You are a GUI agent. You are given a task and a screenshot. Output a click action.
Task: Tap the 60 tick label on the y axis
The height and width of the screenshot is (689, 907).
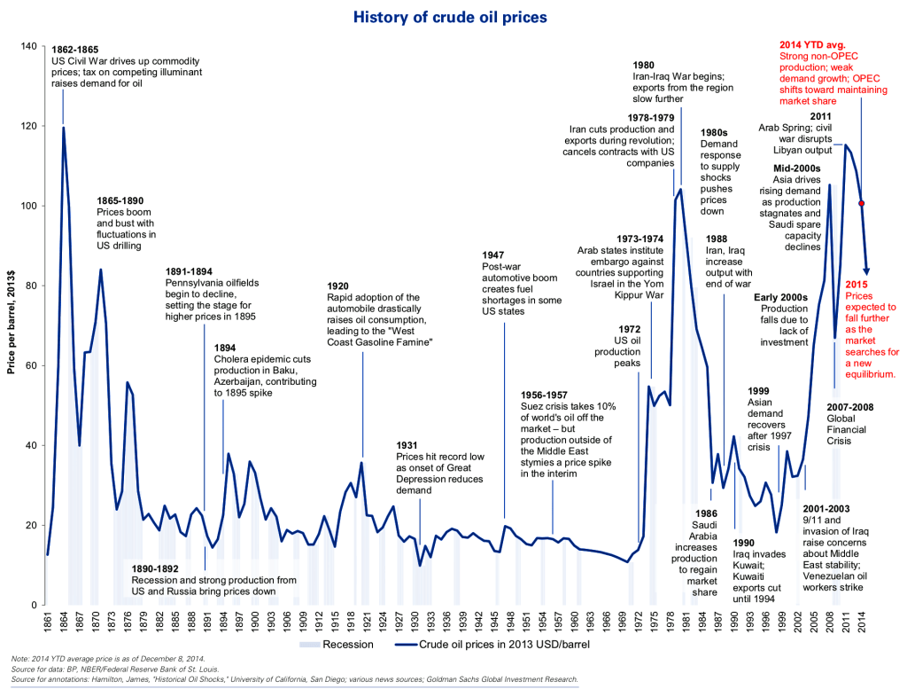[29, 365]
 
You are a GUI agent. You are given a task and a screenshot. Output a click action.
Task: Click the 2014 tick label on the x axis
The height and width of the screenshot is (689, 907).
[863, 622]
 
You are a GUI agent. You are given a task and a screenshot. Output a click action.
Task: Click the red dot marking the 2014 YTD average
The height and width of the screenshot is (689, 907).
[861, 203]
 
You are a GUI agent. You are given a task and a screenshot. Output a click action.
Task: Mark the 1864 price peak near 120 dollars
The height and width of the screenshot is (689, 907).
[63, 128]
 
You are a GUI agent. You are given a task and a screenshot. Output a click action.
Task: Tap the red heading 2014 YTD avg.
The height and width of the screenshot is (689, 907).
[812, 44]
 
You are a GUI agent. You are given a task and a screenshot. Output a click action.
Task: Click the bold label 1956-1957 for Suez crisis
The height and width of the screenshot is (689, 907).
[550, 394]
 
